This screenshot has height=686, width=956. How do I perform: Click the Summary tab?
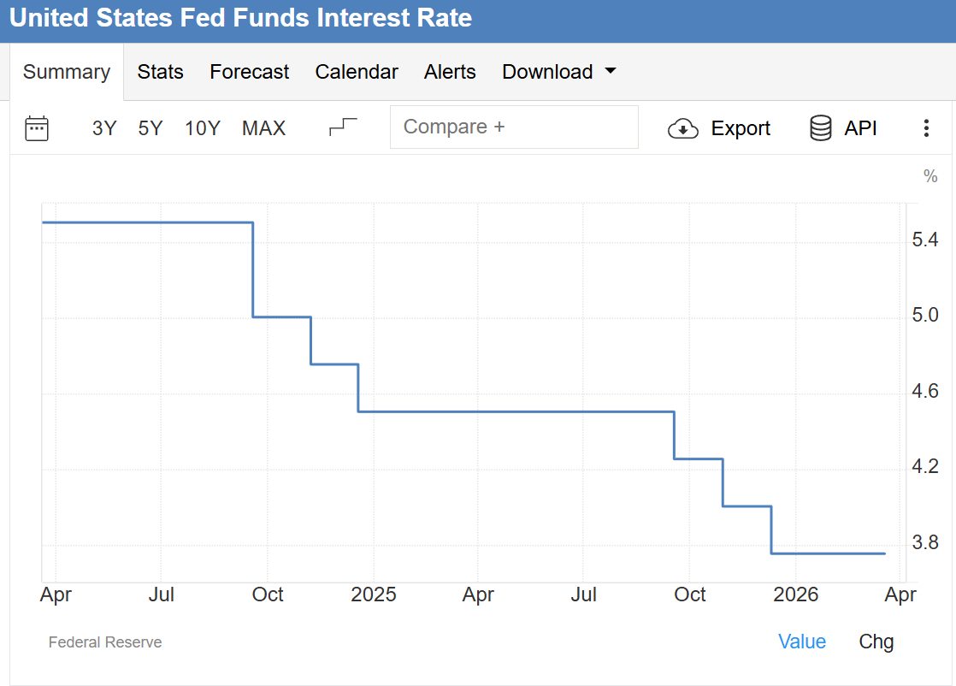(x=67, y=72)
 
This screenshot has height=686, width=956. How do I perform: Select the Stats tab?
(x=160, y=72)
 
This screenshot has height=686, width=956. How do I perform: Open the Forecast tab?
(x=249, y=72)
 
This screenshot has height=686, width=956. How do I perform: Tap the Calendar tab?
(x=357, y=72)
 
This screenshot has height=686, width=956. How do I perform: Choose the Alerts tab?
(x=450, y=72)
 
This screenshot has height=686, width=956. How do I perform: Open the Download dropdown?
(x=558, y=72)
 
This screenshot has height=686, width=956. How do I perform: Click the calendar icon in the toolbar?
(x=37, y=128)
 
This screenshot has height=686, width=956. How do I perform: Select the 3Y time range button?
(x=104, y=128)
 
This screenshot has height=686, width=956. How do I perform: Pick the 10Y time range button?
(x=203, y=128)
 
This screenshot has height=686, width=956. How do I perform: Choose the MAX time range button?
(x=263, y=128)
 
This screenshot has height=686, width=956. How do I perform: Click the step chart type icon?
(x=343, y=127)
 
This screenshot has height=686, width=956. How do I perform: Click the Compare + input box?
(x=514, y=127)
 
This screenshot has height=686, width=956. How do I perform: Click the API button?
(x=843, y=128)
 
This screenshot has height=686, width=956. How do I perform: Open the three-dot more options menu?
(x=926, y=128)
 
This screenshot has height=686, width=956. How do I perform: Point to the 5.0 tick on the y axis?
(x=925, y=316)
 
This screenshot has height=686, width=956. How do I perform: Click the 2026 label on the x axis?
(x=795, y=594)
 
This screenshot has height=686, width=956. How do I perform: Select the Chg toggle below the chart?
(x=876, y=642)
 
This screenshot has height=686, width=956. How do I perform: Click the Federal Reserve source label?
(x=105, y=642)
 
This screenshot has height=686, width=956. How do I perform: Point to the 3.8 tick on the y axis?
(x=925, y=543)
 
